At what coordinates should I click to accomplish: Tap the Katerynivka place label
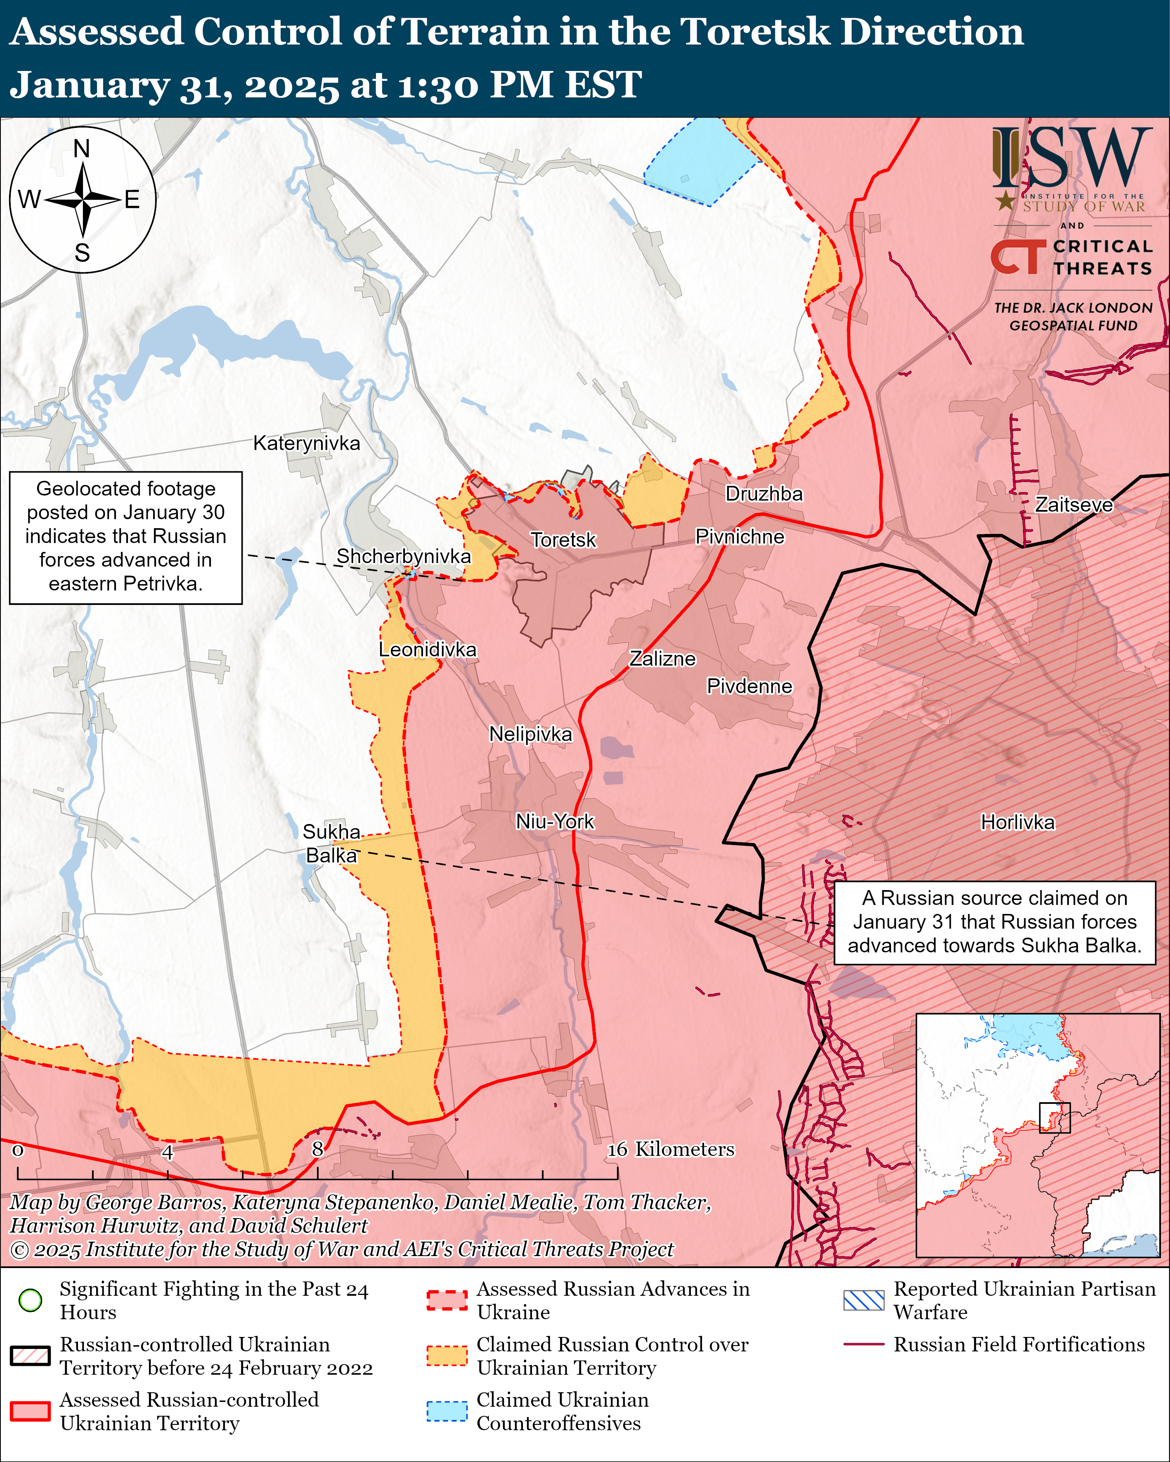(307, 444)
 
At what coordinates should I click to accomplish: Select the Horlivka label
(1017, 822)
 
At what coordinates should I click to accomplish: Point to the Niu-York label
(555, 822)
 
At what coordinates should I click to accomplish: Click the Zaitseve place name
(1074, 505)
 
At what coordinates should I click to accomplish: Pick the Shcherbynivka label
(404, 556)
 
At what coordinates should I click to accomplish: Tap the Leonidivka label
(427, 650)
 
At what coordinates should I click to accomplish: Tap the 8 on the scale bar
(317, 1149)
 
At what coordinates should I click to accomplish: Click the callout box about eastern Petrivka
(126, 537)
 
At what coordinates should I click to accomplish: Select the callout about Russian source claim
(994, 922)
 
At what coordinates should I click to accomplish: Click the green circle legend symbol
(31, 1300)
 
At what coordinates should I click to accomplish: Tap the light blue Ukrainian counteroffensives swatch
(447, 1411)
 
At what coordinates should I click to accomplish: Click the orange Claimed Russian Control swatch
(447, 1356)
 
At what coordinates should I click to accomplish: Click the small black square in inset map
(1055, 1117)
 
